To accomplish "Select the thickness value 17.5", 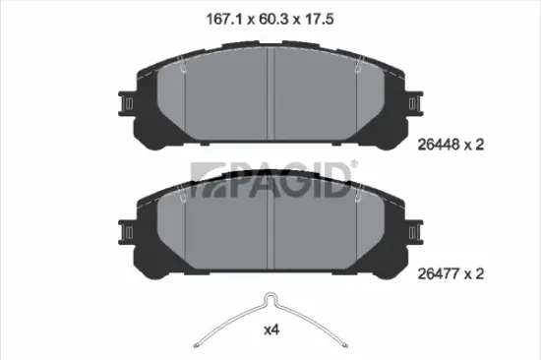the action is (319, 19).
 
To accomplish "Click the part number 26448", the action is (439, 145).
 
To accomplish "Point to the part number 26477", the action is (439, 273).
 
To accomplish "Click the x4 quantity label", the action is (271, 330).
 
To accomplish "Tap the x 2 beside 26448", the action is (474, 145).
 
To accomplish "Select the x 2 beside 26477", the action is (474, 273).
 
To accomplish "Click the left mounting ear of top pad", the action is (126, 103).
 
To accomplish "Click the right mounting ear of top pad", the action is (415, 103).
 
